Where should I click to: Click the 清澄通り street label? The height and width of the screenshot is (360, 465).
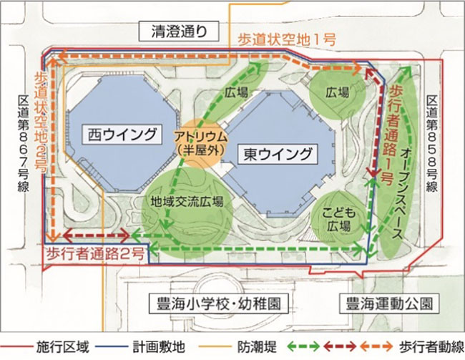(x=181, y=31)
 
